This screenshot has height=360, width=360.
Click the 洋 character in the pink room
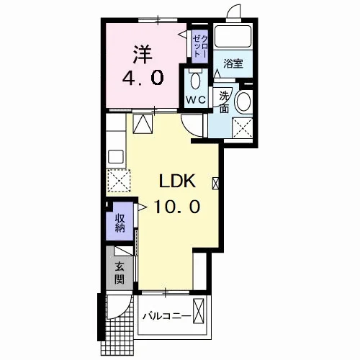point(143,55)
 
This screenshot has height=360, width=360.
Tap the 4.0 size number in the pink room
point(143,78)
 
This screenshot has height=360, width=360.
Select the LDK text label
point(177,181)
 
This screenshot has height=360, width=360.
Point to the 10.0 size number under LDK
point(177,207)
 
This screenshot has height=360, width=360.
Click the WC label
point(196,100)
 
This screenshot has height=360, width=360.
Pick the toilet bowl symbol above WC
point(195,79)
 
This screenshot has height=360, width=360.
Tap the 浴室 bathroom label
point(233,63)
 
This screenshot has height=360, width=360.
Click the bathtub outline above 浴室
point(233,36)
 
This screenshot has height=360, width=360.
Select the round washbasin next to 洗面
point(243,101)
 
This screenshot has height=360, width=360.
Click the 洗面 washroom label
point(224,103)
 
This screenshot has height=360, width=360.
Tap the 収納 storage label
point(120,222)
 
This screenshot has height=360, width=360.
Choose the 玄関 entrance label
point(120,273)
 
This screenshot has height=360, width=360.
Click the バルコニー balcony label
point(167,316)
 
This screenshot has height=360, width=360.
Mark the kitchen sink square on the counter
point(116,156)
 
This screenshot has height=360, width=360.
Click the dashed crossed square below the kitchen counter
point(119,181)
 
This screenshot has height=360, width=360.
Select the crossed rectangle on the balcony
point(199,311)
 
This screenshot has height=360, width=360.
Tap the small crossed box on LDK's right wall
point(215,183)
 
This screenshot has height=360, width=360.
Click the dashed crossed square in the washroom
point(243,128)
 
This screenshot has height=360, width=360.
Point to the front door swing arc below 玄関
point(125,312)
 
